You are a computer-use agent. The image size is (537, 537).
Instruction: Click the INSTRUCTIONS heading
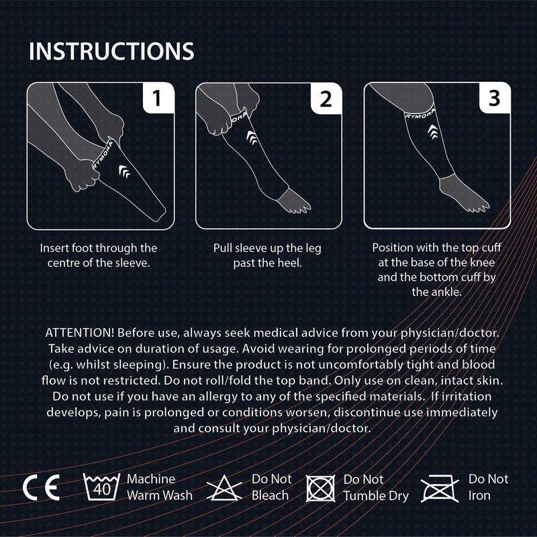pyautogui.click(x=111, y=51)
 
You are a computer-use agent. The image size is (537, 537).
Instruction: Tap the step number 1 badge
pyautogui.click(x=156, y=100)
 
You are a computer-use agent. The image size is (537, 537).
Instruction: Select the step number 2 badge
pyautogui.click(x=326, y=100)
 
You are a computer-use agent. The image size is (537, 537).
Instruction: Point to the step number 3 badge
pyautogui.click(x=494, y=100)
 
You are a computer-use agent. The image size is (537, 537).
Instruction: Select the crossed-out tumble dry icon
pyautogui.click(x=320, y=488)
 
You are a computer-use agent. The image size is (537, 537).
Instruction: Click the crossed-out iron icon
pyautogui.click(x=440, y=488)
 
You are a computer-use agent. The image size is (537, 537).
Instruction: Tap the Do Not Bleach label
pyautogui.click(x=271, y=487)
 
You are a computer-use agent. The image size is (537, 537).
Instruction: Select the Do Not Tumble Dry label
pyautogui.click(x=375, y=487)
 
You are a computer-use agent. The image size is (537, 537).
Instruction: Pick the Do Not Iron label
pyautogui.click(x=488, y=487)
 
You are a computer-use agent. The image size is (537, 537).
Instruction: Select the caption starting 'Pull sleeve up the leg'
pyautogui.click(x=267, y=256)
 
